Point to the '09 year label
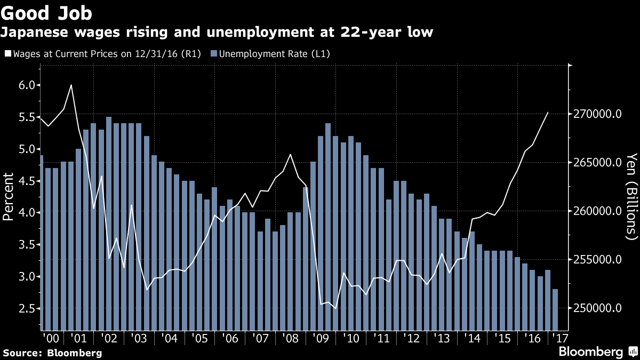click(322, 339)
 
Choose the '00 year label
click(50, 339)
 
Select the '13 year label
click(442, 339)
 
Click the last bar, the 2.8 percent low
click(555, 309)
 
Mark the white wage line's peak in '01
click(71, 85)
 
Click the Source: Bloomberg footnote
click(52, 353)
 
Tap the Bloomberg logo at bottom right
click(597, 351)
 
